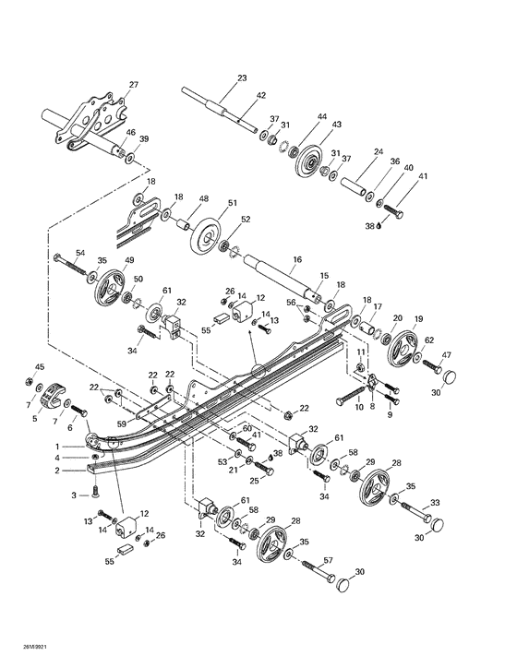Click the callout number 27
pos(133,85)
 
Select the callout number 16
pos(323,261)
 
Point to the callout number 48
pos(203,199)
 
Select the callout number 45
pos(39,367)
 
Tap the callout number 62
pos(429,340)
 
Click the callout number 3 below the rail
pos(74,495)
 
